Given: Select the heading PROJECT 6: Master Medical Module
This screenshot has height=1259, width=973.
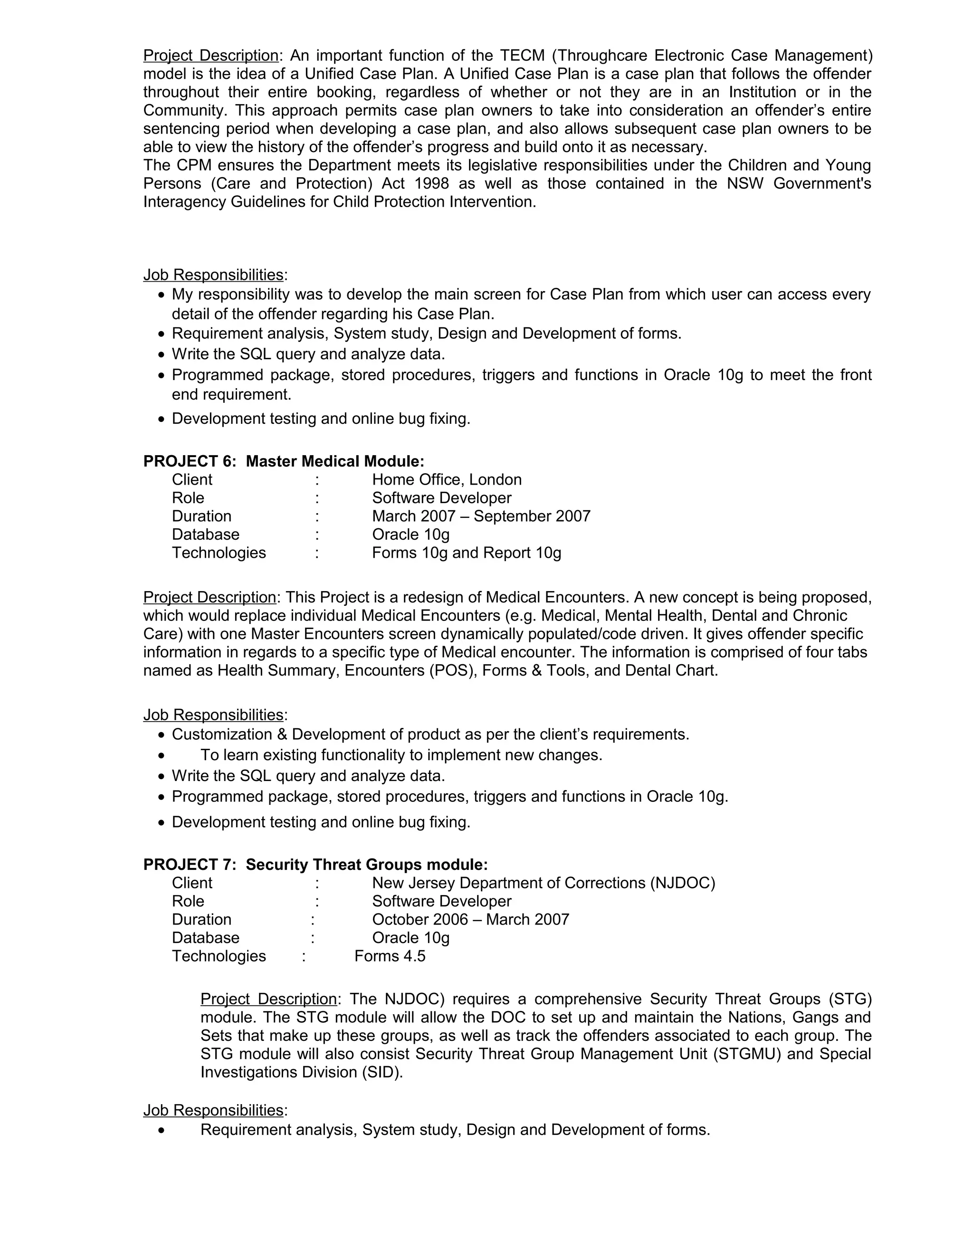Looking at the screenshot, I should click(x=284, y=461).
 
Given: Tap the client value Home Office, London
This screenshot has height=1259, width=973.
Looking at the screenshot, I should click(x=447, y=480).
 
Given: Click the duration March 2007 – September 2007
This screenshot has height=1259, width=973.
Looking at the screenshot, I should click(x=481, y=516).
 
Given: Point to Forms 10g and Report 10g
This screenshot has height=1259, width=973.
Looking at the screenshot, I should click(x=467, y=553).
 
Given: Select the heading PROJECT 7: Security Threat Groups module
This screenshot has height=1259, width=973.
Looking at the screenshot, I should click(x=315, y=865).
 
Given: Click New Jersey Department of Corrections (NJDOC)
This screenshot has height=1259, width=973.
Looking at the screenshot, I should click(x=544, y=883).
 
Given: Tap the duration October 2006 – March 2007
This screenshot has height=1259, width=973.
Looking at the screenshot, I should click(x=470, y=919).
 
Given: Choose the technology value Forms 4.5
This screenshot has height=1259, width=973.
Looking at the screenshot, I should click(x=390, y=956).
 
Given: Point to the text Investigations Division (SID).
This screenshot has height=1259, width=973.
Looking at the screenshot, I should click(x=302, y=1072).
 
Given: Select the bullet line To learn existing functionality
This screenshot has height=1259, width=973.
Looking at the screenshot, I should click(x=401, y=755).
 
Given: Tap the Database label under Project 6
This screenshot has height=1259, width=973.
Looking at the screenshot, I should click(x=205, y=534).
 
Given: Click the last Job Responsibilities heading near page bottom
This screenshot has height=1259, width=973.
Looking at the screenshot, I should click(x=213, y=1110).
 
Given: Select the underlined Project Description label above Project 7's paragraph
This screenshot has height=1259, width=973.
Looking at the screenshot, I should click(x=268, y=999).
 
